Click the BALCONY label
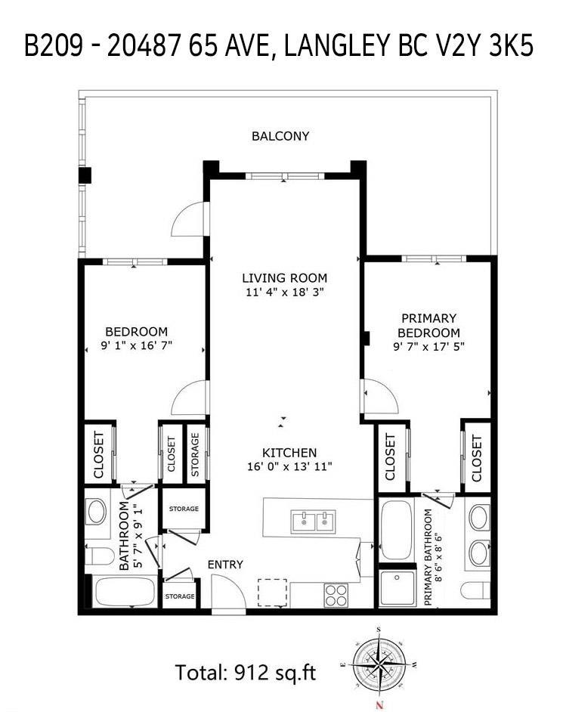[280, 136]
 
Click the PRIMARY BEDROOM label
[428, 326]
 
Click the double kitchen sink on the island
[313, 521]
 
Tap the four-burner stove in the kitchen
[336, 594]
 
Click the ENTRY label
[225, 565]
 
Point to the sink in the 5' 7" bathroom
[97, 512]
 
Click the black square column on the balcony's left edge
[85, 175]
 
